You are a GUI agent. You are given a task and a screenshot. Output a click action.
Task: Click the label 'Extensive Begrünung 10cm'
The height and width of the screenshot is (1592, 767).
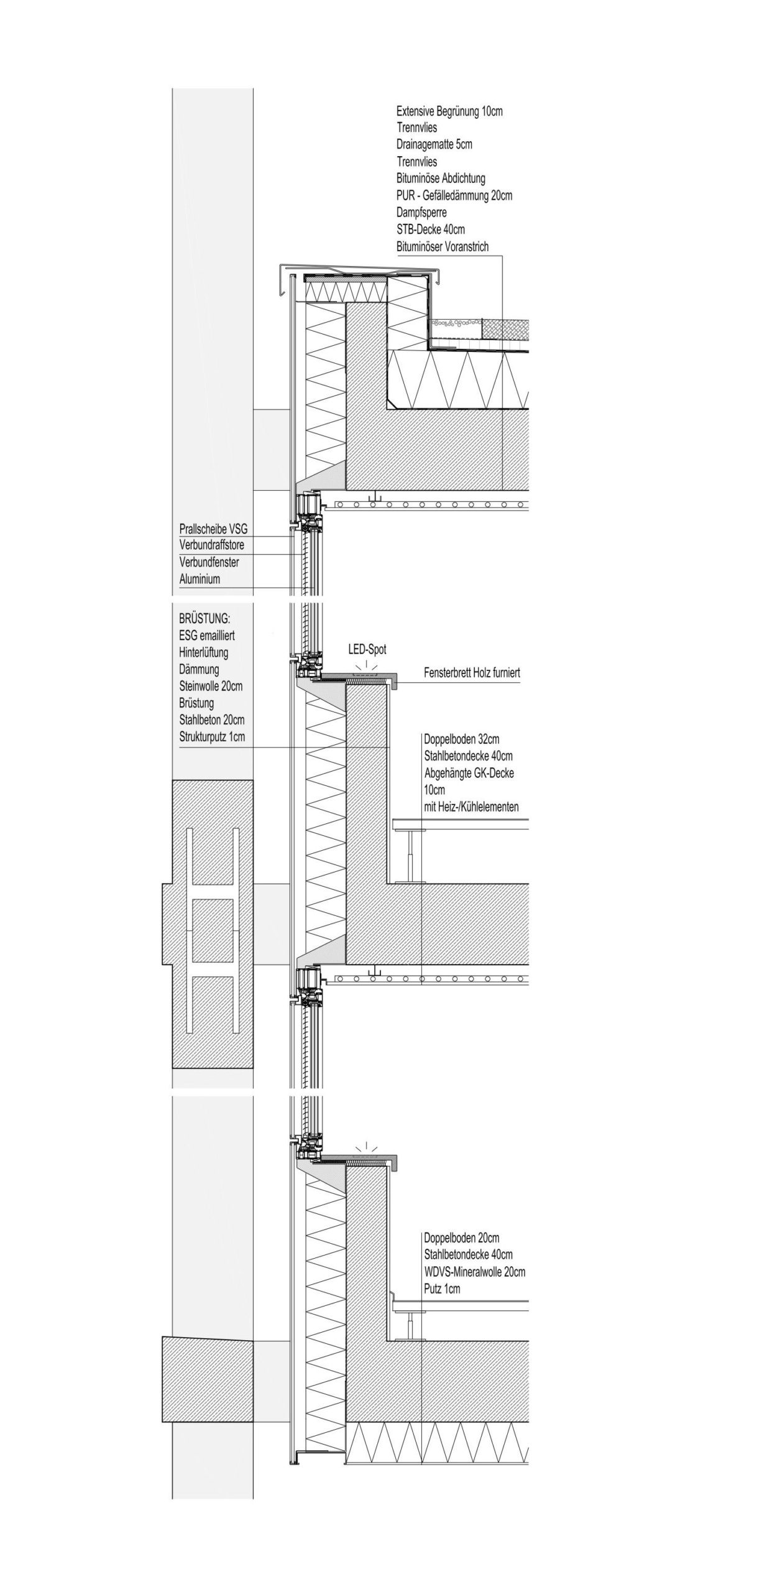pos(449,112)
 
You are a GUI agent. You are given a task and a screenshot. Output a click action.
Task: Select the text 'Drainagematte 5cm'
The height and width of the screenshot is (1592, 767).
pos(434,144)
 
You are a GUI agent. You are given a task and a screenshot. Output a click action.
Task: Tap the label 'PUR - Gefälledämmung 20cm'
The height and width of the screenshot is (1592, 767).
pos(454,195)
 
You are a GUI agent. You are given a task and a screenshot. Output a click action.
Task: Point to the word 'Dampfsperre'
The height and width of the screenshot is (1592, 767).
pos(421,213)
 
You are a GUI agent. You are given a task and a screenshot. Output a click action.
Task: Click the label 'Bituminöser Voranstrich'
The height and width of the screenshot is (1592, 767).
pos(442,247)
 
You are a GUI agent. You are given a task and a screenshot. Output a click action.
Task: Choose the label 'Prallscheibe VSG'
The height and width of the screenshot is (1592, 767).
pos(213,529)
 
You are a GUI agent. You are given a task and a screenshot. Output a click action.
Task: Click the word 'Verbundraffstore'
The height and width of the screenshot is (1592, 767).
pos(211,545)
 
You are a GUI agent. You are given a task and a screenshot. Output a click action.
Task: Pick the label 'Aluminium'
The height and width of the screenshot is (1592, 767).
pos(200,580)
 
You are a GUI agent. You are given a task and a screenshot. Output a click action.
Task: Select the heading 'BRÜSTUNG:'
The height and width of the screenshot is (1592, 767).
pos(203,619)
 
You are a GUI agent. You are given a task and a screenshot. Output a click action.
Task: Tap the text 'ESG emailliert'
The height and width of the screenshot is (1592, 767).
pos(206,636)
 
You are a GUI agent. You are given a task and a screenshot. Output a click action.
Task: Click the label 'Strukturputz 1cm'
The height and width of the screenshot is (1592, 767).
pos(211,737)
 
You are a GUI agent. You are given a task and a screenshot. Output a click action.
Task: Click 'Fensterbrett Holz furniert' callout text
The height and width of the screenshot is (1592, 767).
pos(472,672)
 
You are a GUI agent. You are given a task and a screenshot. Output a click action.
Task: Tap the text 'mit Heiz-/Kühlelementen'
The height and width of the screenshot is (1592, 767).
pos(471,807)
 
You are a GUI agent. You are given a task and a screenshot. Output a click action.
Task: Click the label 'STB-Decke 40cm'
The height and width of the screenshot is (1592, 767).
pos(430,229)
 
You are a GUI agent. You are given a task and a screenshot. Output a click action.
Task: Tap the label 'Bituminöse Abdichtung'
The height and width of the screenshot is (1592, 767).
pos(440,178)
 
